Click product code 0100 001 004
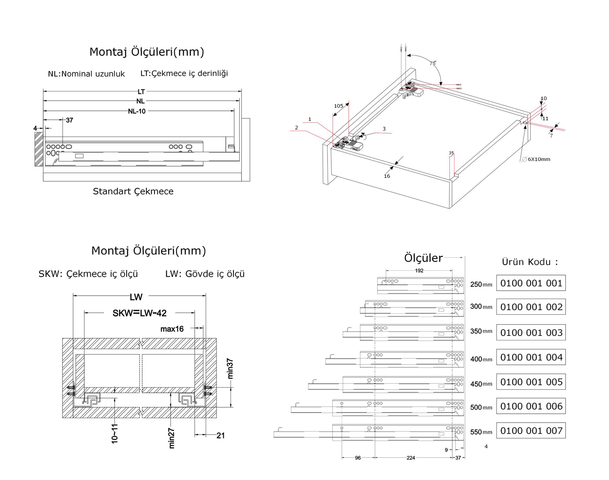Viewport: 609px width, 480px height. (x=531, y=358)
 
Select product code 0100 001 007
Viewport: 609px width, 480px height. (x=531, y=431)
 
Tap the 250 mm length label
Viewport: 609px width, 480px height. (x=481, y=285)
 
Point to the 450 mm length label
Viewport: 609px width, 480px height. (x=481, y=384)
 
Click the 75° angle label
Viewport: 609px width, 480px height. (x=433, y=63)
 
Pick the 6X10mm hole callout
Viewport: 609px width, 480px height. (x=539, y=159)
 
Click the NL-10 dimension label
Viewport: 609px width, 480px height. (x=137, y=111)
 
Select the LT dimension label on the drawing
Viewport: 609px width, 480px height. (x=141, y=92)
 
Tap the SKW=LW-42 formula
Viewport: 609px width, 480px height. (x=140, y=313)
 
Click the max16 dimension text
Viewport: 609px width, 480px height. (x=172, y=329)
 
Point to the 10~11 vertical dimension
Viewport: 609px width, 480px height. (x=115, y=434)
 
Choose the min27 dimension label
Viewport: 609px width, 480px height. (x=172, y=439)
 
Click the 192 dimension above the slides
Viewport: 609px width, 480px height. (x=419, y=271)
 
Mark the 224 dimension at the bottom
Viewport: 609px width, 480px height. (x=411, y=458)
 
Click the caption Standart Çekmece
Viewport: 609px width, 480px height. (x=133, y=191)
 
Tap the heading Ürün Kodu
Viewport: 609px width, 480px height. (x=530, y=262)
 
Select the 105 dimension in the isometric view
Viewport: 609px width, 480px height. (x=338, y=106)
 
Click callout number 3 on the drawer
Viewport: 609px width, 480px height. (x=384, y=129)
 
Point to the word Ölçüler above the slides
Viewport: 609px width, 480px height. (x=423, y=258)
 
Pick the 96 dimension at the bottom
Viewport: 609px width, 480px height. (x=358, y=458)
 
